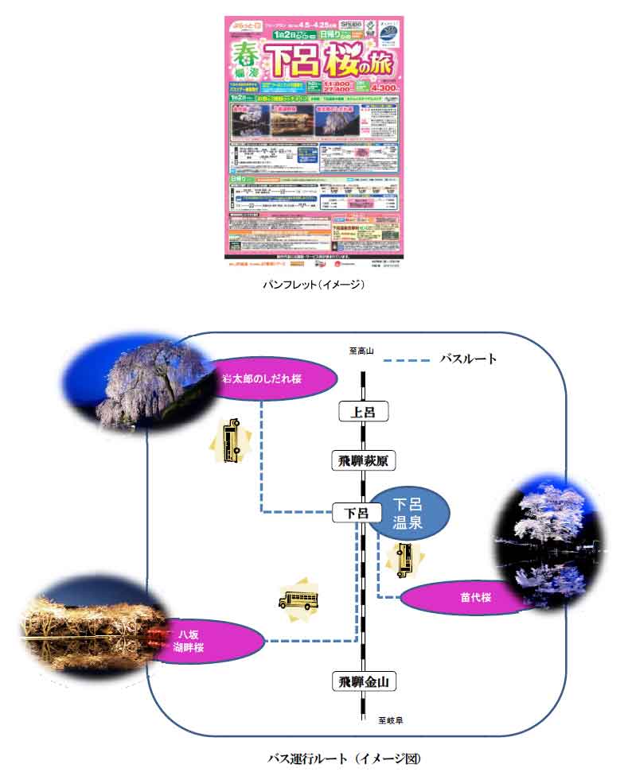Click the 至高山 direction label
[x=361, y=351]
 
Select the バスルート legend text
[x=469, y=359]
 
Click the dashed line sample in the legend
[x=407, y=361]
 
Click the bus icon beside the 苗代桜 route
[x=404, y=560]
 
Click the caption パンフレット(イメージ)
[x=314, y=285]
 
